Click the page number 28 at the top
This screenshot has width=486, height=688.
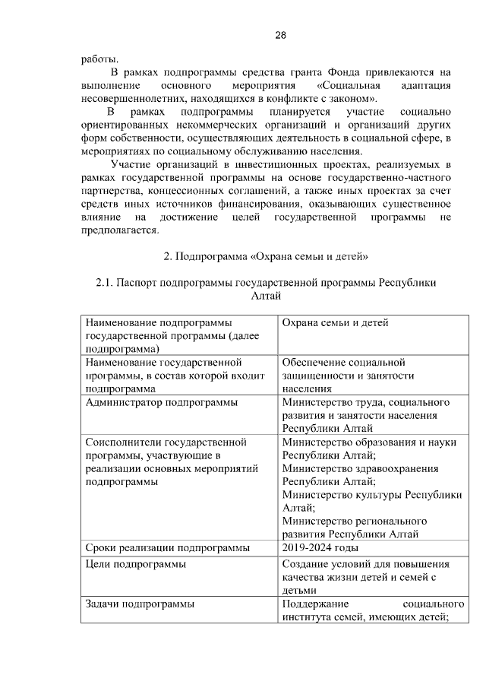coord(279,36)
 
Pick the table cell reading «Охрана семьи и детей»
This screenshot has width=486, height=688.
coord(335,323)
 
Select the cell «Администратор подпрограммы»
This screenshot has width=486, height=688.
coord(161,402)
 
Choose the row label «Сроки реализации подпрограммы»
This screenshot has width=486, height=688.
coord(167,547)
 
